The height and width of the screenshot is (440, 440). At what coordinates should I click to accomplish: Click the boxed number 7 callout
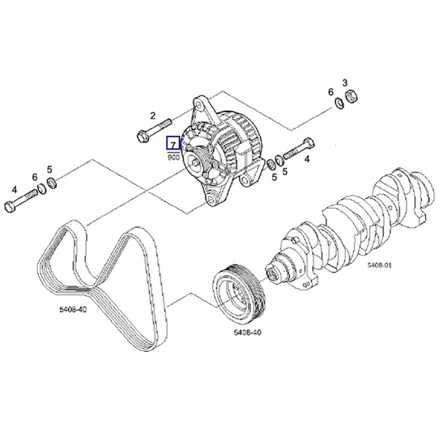pos(173,143)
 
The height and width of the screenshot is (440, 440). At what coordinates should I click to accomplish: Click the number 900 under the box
pos(173,157)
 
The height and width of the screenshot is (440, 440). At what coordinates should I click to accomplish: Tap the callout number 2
pos(153,116)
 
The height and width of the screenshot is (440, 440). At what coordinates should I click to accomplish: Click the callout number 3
pos(345,82)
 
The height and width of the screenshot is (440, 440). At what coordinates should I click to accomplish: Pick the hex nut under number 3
pos(352,95)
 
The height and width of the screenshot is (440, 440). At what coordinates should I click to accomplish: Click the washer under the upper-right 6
pos(339,104)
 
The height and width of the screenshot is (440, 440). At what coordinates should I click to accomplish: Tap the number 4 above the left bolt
pos(15,190)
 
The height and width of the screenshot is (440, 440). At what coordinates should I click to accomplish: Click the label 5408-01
pos(379,265)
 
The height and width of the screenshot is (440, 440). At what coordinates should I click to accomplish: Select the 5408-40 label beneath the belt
pos(73,309)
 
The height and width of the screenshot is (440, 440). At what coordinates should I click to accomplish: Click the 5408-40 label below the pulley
pos(247,332)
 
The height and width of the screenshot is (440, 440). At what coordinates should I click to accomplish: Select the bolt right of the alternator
pos(299,150)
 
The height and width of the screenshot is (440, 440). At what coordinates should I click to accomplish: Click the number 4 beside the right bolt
pos(307,159)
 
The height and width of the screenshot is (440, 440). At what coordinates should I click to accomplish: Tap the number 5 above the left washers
pos(50,169)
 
